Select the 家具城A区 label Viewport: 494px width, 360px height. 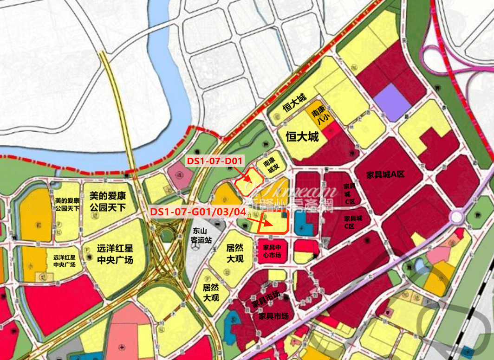385,174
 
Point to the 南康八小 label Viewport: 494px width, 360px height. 317,116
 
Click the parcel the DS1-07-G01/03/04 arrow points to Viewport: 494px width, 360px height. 273,222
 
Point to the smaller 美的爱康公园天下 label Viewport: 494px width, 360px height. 67,205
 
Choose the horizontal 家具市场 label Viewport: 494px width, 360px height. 273,316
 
